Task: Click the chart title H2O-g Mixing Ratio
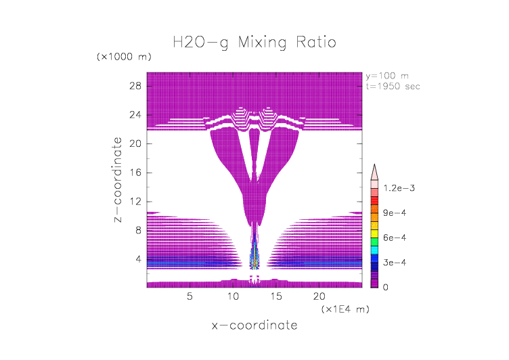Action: pyautogui.click(x=255, y=43)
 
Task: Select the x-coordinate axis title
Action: pyautogui.click(x=255, y=325)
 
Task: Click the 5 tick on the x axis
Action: pyautogui.click(x=190, y=296)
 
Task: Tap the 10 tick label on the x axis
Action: pyautogui.click(x=234, y=296)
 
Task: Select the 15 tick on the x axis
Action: pyautogui.click(x=277, y=296)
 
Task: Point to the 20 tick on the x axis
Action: pyautogui.click(x=320, y=296)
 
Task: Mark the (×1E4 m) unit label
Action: pyautogui.click(x=345, y=309)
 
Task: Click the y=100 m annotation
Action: pyautogui.click(x=386, y=76)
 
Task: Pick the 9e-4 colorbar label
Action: pyautogui.click(x=393, y=213)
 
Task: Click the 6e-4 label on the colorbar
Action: pyautogui.click(x=393, y=238)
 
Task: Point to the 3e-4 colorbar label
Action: pyautogui.click(x=393, y=263)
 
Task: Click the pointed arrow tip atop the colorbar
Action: pyautogui.click(x=374, y=167)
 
